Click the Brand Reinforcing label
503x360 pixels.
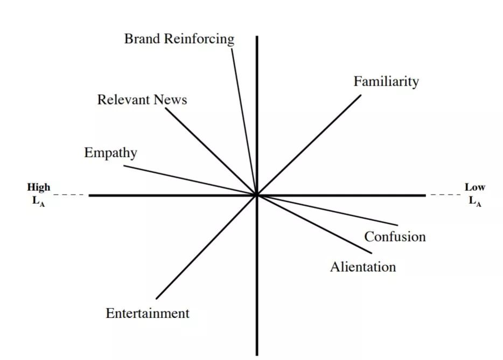pyautogui.click(x=179, y=39)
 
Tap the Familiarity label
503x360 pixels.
pyautogui.click(x=386, y=81)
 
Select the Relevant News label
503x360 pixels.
pyautogui.click(x=142, y=100)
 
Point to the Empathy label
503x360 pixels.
pyautogui.click(x=110, y=153)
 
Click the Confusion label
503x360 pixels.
pyautogui.click(x=395, y=237)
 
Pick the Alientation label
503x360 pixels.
pyautogui.click(x=362, y=267)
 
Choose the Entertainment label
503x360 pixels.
pyautogui.click(x=148, y=313)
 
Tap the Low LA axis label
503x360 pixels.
pyautogui.click(x=474, y=195)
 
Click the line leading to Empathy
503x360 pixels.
pyautogui.click(x=188, y=180)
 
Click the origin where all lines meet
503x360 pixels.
pyautogui.click(x=257, y=195)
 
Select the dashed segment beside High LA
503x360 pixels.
pyautogui.click(x=69, y=195)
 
